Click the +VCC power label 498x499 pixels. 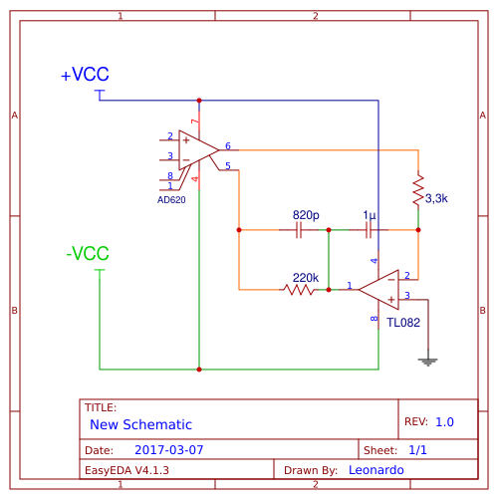pyautogui.click(x=85, y=76)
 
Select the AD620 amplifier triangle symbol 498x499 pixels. pyautogui.click(x=197, y=150)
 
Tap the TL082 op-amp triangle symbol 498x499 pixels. pyautogui.click(x=380, y=290)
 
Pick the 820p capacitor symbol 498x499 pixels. pyautogui.click(x=299, y=230)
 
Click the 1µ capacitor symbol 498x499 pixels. pyautogui.click(x=370, y=230)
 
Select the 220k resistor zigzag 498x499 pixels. pyautogui.click(x=299, y=290)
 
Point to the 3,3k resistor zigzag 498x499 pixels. pyautogui.click(x=418, y=190)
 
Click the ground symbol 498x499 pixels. pyautogui.click(x=428, y=362)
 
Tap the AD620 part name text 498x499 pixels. pyautogui.click(x=171, y=200)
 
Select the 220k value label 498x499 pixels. pyautogui.click(x=305, y=277)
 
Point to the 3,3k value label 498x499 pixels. pyautogui.click(x=436, y=199)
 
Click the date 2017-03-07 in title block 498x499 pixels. pyautogui.click(x=169, y=450)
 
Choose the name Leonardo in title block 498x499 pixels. pyautogui.click(x=376, y=469)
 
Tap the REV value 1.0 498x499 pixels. pyautogui.click(x=444, y=422)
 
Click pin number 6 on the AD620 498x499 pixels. pyautogui.click(x=228, y=145)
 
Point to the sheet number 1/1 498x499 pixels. pyautogui.click(x=418, y=450)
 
